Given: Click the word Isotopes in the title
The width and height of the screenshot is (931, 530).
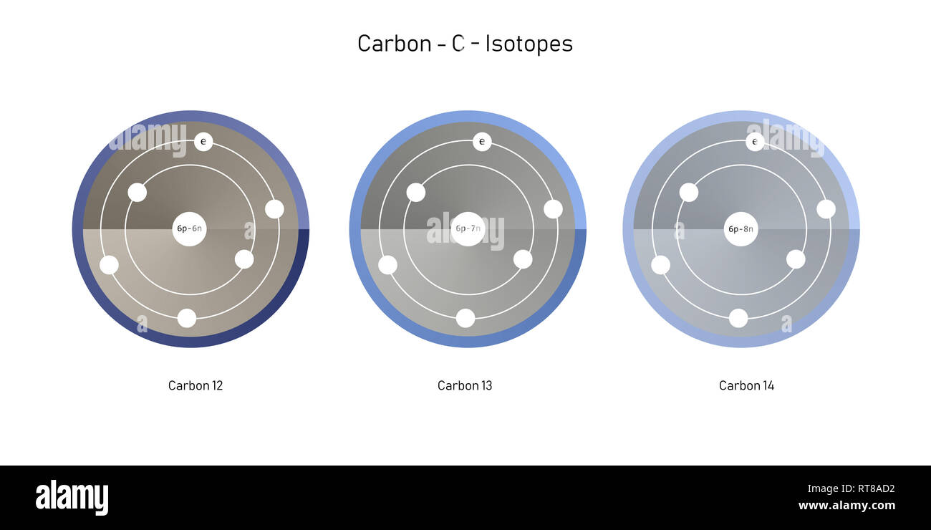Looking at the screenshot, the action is click(x=529, y=44).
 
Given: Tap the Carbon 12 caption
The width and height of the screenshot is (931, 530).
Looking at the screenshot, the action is click(x=196, y=385).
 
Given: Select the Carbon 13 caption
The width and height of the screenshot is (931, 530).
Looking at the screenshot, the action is click(x=465, y=385).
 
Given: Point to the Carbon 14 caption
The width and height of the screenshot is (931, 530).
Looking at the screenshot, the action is click(x=746, y=385).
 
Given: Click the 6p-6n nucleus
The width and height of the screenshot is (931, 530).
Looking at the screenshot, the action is click(x=189, y=229).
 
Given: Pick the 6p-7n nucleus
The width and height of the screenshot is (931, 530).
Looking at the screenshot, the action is click(x=468, y=229).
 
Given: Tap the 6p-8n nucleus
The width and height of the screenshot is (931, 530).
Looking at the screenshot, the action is click(x=741, y=229).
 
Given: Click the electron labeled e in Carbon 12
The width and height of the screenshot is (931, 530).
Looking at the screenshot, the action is click(x=203, y=142).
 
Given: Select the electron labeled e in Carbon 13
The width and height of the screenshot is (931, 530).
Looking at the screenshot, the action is click(x=482, y=142).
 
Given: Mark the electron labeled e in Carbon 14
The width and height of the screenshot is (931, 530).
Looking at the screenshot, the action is click(x=755, y=142).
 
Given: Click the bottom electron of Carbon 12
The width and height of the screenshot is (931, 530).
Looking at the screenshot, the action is click(x=187, y=318).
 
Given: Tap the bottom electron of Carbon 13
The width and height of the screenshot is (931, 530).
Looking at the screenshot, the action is click(x=465, y=318).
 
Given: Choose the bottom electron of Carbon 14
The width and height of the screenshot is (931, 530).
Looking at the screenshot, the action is click(x=738, y=318).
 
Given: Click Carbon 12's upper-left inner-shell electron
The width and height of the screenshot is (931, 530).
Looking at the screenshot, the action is click(x=138, y=192).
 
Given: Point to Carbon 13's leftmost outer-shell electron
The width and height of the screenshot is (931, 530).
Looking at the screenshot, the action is click(x=387, y=265).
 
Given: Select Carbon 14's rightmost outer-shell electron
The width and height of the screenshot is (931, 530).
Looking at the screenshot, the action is click(x=826, y=209).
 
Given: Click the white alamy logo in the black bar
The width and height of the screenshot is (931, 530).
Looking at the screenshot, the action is click(x=72, y=498).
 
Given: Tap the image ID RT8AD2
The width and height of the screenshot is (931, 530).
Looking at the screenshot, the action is click(x=870, y=489).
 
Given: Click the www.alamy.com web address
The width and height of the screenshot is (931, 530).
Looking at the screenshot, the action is click(x=846, y=506).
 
